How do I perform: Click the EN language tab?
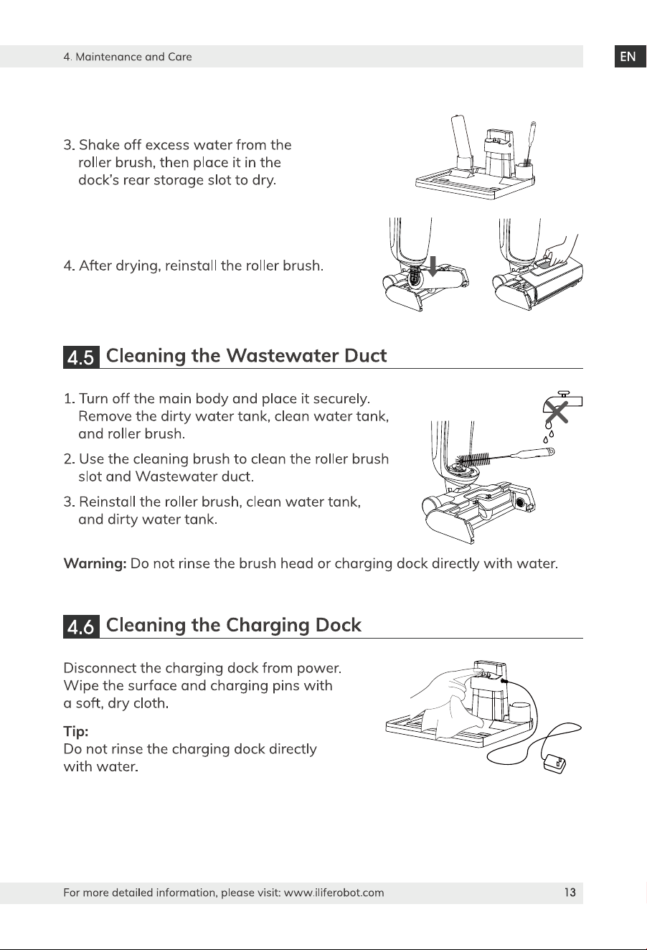[x=630, y=57]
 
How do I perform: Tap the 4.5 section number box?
[x=81, y=357]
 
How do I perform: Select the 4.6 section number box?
[x=81, y=626]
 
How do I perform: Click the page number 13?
[x=570, y=893]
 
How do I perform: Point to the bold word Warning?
[x=95, y=563]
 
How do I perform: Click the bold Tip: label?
[x=76, y=731]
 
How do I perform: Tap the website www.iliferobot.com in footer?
[x=334, y=893]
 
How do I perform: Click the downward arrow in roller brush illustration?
[x=433, y=266]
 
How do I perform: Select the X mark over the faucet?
[x=557, y=413]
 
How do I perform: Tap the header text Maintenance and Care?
[x=133, y=57]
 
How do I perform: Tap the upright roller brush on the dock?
[x=461, y=141]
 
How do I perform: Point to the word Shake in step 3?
[x=99, y=145]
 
